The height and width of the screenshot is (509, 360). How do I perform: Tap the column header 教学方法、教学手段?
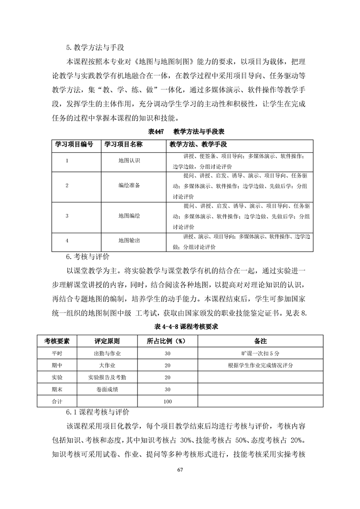198,144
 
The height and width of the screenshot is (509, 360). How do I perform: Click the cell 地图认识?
129,161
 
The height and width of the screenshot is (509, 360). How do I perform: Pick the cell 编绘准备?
129,186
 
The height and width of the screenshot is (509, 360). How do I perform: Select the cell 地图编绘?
129,215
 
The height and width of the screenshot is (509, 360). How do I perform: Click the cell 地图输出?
129,240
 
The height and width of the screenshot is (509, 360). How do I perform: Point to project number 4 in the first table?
67,240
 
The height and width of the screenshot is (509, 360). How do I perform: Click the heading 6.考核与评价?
88,257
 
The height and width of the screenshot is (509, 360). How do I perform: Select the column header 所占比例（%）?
168,341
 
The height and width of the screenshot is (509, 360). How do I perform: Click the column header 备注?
260,341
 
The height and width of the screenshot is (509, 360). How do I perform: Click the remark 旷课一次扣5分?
260,353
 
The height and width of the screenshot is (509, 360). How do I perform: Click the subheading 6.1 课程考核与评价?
98,413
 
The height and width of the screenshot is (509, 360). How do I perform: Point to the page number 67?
180,470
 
